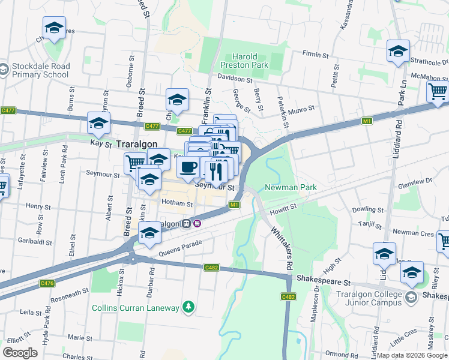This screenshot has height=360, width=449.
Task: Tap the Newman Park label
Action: point(291,188)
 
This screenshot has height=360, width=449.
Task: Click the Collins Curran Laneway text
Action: point(135,308)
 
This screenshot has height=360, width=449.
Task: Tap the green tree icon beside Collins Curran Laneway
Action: point(189,307)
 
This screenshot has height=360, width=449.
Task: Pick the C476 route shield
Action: point(47,283)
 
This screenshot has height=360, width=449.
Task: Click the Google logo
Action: point(20,352)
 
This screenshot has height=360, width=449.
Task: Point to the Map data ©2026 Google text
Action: point(412,355)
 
